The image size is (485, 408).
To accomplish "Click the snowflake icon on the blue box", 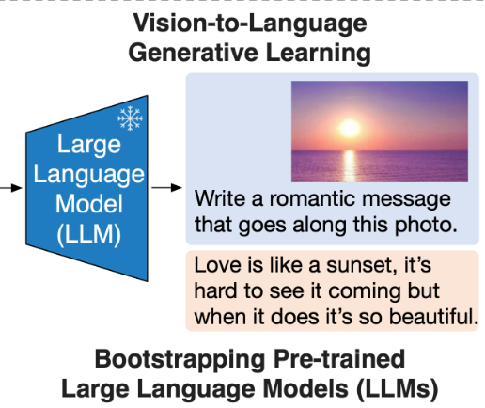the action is [x=130, y=118].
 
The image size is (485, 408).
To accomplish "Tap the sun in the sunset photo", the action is [x=350, y=128].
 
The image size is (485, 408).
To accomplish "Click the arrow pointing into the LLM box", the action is [x=11, y=188].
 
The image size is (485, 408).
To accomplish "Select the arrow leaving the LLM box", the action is [x=166, y=187].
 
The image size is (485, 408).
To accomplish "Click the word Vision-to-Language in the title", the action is [x=250, y=24].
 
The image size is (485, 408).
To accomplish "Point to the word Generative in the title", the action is [x=193, y=53].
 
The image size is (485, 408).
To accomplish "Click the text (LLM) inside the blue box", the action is [x=89, y=234].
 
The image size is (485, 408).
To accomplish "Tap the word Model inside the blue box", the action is [x=89, y=204].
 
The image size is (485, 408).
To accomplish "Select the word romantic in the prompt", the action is [x=313, y=198].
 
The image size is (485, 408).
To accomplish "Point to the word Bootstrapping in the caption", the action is [x=180, y=360].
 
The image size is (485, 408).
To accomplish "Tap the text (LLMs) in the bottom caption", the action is [x=397, y=389].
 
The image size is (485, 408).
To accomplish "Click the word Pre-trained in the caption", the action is [x=339, y=358].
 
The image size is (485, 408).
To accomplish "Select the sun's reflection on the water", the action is [x=350, y=166].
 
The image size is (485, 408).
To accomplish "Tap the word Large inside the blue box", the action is [x=89, y=145].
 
